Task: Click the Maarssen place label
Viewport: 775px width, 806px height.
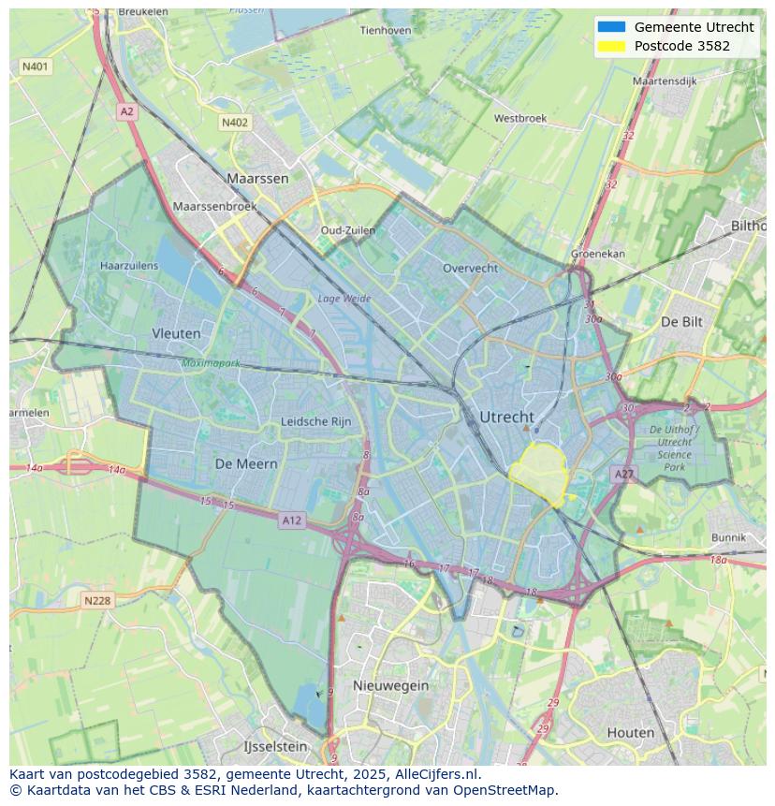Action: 257,178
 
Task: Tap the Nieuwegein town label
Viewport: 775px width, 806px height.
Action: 390,685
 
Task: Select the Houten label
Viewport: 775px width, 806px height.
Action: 631,732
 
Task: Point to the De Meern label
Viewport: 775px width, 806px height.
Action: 246,463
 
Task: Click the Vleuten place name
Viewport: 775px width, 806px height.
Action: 176,333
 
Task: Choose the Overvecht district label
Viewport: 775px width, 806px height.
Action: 470,268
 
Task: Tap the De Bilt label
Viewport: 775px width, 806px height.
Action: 681,321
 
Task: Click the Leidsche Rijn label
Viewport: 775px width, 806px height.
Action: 316,422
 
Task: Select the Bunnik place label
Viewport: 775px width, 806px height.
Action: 728,537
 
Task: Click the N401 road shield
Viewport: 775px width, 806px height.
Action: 35,66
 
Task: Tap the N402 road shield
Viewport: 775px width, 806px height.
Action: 235,123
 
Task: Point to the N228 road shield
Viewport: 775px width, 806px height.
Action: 97,601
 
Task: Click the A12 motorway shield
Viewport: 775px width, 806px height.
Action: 291,520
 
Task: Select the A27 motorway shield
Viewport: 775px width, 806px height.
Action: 624,475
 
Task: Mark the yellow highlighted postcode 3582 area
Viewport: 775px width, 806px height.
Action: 541,473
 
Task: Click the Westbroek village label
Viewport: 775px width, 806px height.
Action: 519,119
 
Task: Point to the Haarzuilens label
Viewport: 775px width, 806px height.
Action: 129,266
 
